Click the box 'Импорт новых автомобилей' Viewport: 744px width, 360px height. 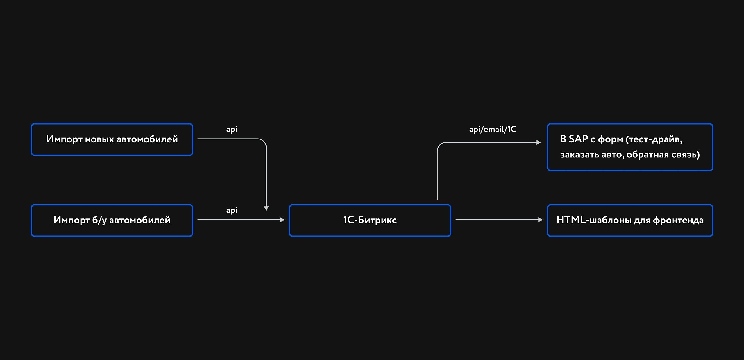click(112, 139)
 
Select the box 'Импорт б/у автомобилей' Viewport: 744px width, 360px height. click(112, 221)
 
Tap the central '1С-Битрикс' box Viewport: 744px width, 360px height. click(370, 221)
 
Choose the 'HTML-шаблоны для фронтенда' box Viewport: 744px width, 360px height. click(630, 221)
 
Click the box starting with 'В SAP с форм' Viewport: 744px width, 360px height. click(630, 147)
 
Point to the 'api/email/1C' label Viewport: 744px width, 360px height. click(493, 129)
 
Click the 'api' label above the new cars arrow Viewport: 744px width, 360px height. click(232, 129)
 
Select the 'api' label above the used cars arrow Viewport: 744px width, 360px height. click(232, 210)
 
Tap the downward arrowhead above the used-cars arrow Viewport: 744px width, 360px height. click(266, 208)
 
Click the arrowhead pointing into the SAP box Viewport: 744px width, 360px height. click(539, 142)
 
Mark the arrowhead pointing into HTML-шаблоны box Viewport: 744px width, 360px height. click(540, 220)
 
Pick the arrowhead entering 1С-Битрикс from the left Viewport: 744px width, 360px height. click(282, 220)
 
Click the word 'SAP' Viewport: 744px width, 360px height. click(578, 139)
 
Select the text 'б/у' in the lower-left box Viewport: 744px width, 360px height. click(99, 221)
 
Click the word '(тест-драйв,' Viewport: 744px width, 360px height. click(654, 139)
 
